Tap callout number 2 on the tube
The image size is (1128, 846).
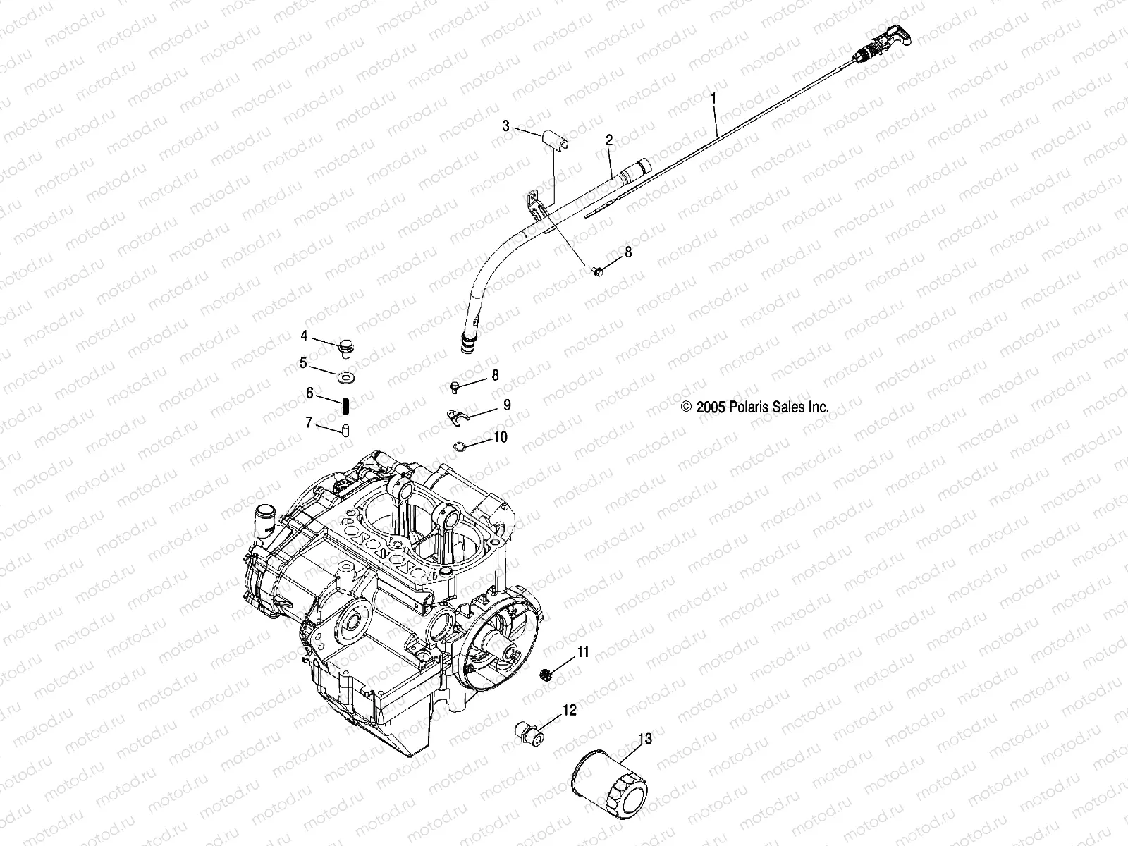(608, 141)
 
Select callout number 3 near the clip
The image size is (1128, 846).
(525, 126)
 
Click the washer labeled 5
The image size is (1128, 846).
(346, 378)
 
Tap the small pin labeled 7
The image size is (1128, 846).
(347, 430)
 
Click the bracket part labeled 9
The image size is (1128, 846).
(458, 418)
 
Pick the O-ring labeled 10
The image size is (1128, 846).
(459, 446)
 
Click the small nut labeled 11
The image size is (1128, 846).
(544, 675)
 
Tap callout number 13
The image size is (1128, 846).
(644, 740)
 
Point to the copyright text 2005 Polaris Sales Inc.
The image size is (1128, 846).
(754, 407)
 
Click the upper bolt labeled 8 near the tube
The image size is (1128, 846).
(597, 271)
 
